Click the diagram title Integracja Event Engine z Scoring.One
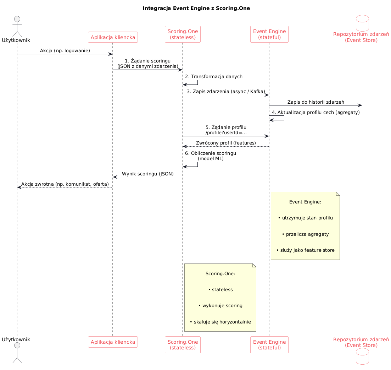click(x=196, y=8)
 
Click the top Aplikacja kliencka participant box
click(x=113, y=37)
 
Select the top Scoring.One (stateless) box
click(x=183, y=34)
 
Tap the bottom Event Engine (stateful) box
click(x=269, y=345)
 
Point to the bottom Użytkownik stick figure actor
click(x=17, y=353)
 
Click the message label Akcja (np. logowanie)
click(x=65, y=50)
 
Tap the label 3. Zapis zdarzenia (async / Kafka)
click(x=226, y=92)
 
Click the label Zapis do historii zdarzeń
click(x=315, y=102)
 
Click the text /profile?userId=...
click(x=226, y=133)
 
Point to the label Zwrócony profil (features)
click(x=226, y=143)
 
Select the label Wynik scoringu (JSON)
click(x=148, y=174)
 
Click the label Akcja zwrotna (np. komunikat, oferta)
click(x=65, y=184)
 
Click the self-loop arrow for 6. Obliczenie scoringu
click(x=197, y=164)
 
